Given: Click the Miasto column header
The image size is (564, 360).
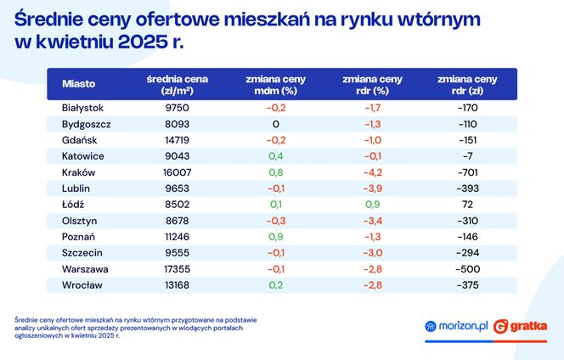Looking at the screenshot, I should coord(79,85).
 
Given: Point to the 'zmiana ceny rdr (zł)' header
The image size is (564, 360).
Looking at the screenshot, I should coord(468,85).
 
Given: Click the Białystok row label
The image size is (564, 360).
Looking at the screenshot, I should coord(82,109).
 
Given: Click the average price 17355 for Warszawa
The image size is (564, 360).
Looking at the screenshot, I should coord(178,268).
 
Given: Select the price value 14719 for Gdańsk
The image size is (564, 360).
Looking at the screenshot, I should coord(178,140).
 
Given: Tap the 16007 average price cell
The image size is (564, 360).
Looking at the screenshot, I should coord(178,172).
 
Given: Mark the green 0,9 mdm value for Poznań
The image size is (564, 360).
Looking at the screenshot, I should coord(275,237).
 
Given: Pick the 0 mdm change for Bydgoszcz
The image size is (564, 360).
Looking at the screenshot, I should coord(275,125).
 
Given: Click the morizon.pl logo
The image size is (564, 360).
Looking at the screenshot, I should coord(456,326).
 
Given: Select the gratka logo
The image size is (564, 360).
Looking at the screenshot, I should coord(520,326).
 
